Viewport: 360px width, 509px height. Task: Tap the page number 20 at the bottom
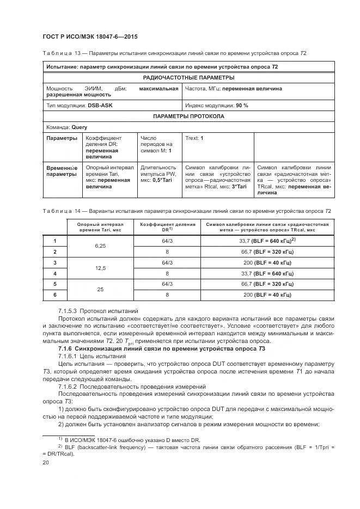coord(46,462)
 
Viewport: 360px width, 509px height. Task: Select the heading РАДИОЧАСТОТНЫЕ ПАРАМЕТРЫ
coord(188,78)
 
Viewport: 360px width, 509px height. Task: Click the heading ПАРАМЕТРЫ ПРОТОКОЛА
coord(188,116)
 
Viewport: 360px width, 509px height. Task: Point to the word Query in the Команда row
coord(79,127)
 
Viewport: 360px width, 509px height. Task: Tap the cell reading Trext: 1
coord(194,138)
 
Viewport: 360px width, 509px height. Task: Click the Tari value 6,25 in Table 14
coord(100,246)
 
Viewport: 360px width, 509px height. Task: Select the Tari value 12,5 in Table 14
coord(100,268)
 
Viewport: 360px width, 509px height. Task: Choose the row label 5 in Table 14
coord(54,284)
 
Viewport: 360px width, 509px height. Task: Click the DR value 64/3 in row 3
coord(167,262)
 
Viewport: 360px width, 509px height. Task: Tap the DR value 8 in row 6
coord(167,295)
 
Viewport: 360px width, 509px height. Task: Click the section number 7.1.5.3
coord(70,310)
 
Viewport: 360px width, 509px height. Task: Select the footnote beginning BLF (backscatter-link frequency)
coord(191,447)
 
